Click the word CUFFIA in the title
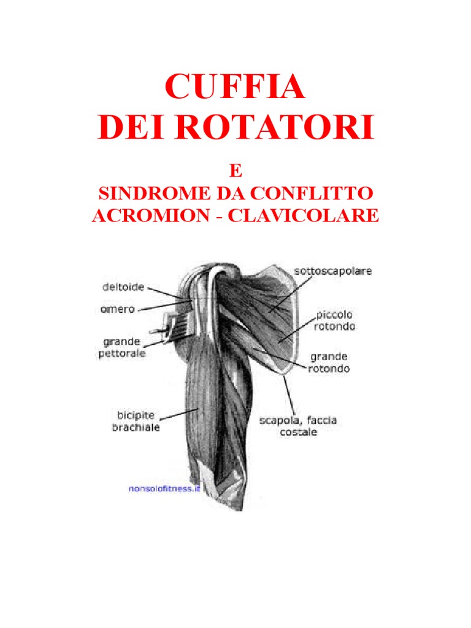(x=235, y=88)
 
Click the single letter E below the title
(x=236, y=170)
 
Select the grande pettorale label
(x=123, y=347)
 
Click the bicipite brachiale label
(x=136, y=421)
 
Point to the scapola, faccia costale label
(x=299, y=426)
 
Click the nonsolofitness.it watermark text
(x=164, y=489)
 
